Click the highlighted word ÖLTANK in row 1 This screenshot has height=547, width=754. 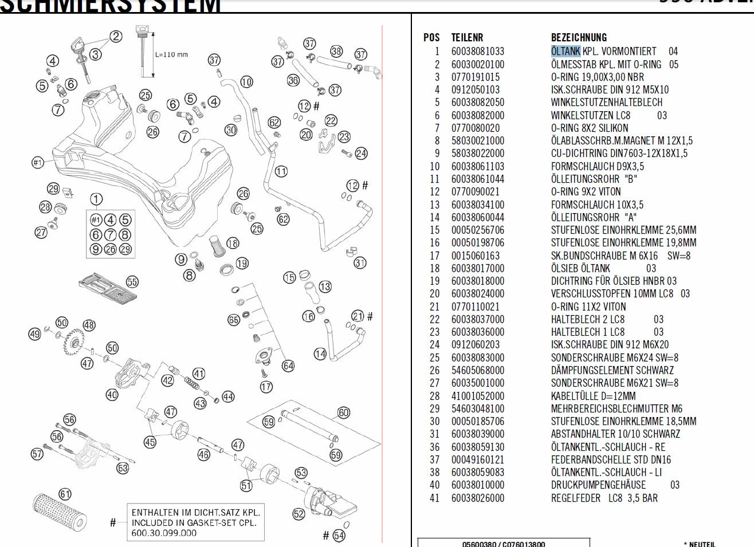565,52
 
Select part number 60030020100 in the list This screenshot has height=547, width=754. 477,65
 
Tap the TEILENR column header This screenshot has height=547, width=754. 467,38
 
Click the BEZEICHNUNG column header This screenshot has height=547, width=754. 579,38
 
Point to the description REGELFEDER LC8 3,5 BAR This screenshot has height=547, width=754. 604,498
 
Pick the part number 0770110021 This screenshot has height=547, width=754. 475,307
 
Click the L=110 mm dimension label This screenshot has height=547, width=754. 171,55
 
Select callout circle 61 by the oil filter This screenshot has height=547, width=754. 65,494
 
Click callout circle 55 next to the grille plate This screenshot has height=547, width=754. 132,281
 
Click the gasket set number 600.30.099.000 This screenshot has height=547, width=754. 164,533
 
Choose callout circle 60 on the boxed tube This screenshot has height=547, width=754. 343,412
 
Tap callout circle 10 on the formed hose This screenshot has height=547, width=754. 246,81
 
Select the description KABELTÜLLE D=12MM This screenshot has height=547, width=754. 593,396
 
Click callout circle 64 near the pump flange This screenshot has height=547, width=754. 288,365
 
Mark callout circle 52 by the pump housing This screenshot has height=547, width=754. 299,514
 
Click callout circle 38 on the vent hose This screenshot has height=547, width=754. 336,52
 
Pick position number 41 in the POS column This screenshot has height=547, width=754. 434,498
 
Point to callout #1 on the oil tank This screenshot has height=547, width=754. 37,163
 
